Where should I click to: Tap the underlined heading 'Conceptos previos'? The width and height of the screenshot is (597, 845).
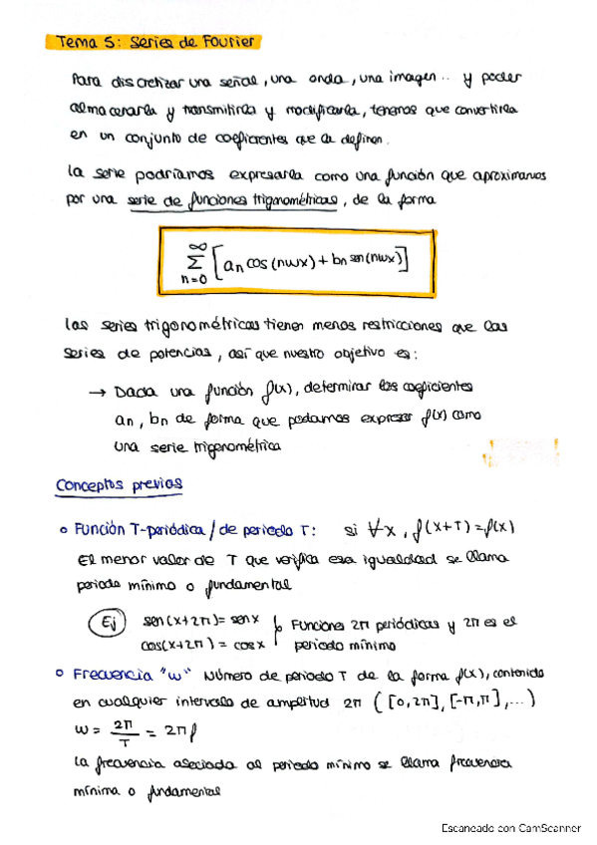tap(120, 483)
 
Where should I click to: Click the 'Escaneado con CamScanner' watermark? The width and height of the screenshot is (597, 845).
tap(509, 828)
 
